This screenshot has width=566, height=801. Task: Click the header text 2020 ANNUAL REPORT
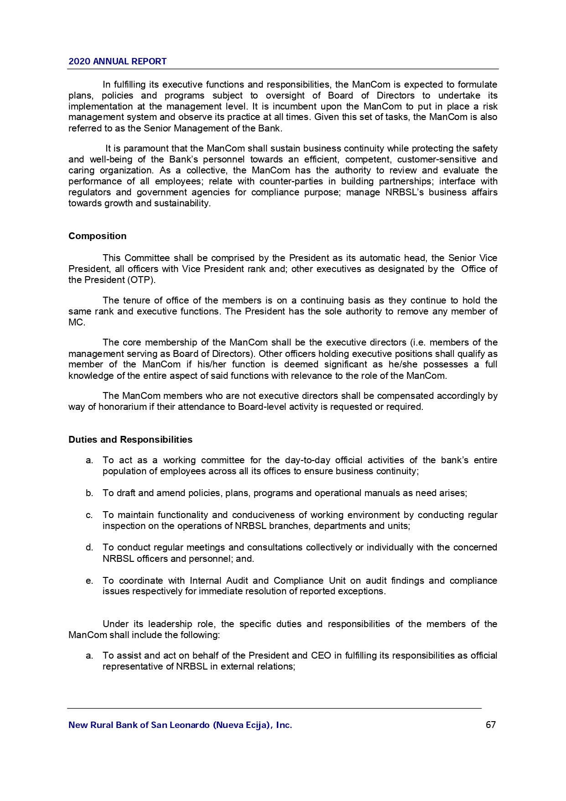[117, 61]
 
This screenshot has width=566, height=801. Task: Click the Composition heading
[97, 236]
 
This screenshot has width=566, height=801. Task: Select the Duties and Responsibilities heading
[130, 440]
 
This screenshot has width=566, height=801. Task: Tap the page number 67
[491, 725]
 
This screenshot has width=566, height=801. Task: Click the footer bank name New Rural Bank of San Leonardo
[180, 725]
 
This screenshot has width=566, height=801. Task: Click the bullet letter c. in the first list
[89, 515]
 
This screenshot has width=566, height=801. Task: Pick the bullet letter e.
[89, 581]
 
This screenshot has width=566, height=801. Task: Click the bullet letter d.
[89, 547]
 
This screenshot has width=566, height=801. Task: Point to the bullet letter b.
[89, 493]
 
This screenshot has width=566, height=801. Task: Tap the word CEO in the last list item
[321, 655]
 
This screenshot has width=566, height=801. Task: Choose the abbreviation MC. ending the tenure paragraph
[77, 322]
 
